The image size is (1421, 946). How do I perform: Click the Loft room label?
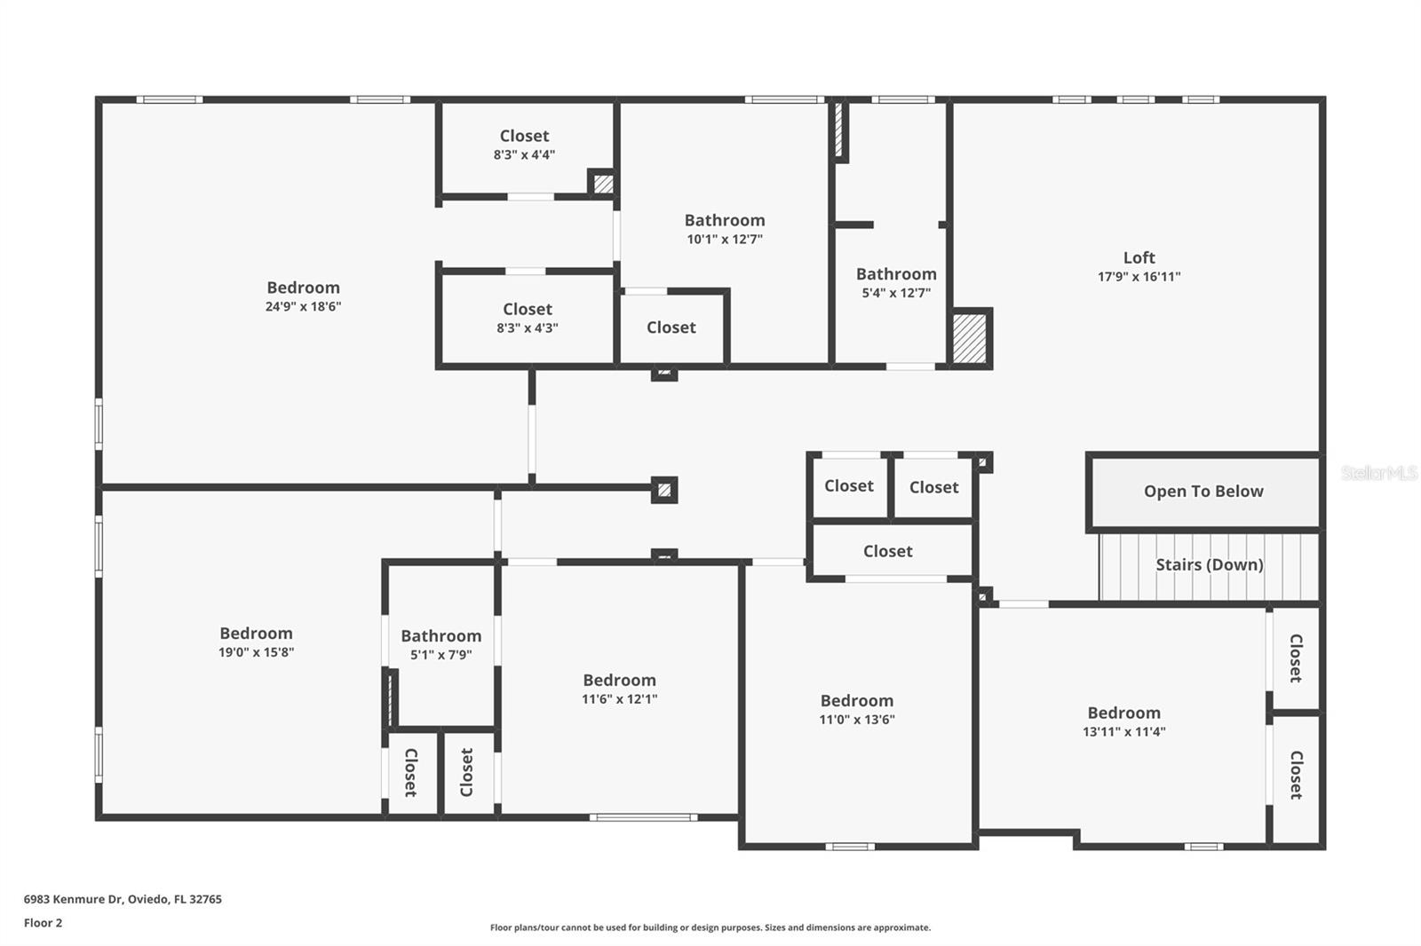(1139, 257)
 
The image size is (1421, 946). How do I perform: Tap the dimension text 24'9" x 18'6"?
(303, 307)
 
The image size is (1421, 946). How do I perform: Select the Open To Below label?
(1203, 492)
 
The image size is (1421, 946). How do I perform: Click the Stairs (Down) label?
(1209, 564)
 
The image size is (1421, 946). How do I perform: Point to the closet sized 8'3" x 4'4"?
(524, 145)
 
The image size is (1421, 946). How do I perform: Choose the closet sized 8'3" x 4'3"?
(528, 318)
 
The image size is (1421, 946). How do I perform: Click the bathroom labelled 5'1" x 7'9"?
(441, 644)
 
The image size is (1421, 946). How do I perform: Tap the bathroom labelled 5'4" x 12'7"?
(895, 282)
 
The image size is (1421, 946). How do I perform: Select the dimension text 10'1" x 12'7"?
(724, 240)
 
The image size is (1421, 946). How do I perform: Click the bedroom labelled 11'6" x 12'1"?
(619, 689)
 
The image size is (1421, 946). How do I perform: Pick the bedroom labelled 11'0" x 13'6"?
(856, 709)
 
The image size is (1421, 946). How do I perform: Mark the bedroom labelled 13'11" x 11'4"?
(1123, 721)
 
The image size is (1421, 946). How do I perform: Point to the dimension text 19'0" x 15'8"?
(256, 652)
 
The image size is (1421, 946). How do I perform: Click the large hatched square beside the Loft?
(969, 337)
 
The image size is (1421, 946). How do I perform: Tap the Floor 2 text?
(43, 923)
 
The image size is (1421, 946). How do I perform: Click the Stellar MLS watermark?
(1378, 473)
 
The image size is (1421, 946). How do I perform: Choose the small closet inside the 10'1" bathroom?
(671, 327)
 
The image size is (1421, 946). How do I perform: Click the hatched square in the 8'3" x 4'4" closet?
(603, 184)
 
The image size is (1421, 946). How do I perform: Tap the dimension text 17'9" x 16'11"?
(1139, 277)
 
